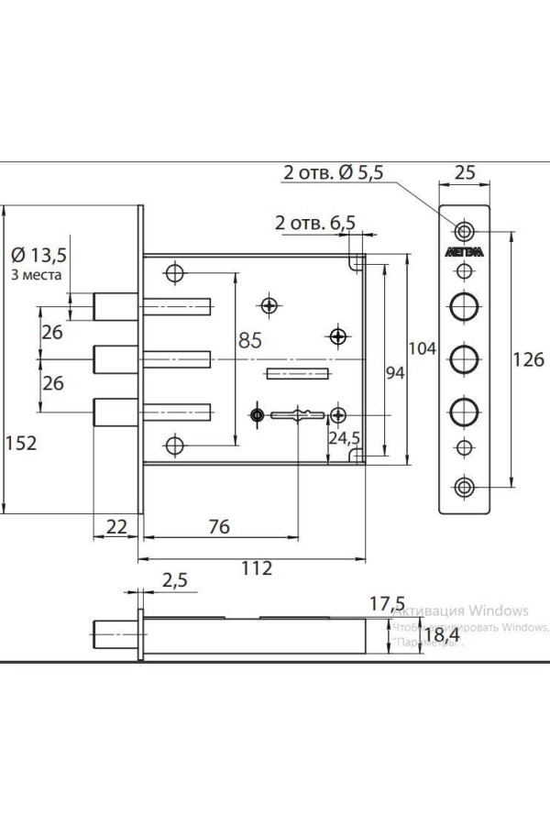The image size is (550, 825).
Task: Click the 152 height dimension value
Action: (20, 443)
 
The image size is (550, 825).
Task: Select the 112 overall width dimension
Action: (258, 568)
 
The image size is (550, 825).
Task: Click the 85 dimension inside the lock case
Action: (249, 339)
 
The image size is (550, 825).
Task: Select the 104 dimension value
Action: (421, 348)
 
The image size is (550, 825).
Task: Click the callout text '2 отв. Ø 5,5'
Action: (332, 171)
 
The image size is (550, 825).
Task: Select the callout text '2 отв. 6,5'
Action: (314, 223)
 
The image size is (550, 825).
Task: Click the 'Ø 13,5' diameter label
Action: (39, 254)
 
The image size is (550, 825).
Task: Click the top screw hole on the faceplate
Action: (466, 229)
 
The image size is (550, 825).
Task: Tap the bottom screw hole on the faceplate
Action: (466, 486)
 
